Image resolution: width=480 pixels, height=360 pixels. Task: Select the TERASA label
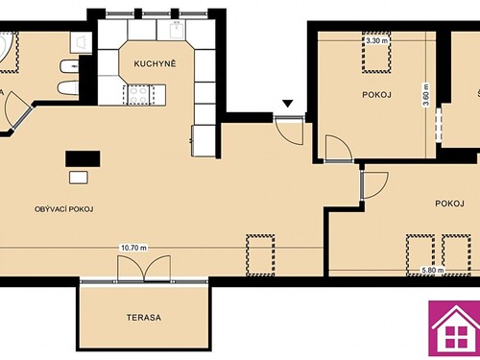click(x=142, y=317)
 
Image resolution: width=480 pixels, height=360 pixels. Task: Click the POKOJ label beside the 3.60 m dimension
click(x=375, y=95)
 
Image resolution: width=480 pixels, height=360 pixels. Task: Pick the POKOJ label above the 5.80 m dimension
click(x=449, y=204)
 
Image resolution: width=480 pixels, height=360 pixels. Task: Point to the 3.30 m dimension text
click(x=376, y=41)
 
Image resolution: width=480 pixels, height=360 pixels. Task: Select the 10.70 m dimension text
click(x=132, y=247)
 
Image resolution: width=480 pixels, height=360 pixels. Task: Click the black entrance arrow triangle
click(x=285, y=105)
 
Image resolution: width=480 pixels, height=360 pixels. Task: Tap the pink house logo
click(x=454, y=332)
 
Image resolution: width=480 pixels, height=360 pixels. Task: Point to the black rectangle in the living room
click(x=82, y=158)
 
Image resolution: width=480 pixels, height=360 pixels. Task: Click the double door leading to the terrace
click(x=143, y=270)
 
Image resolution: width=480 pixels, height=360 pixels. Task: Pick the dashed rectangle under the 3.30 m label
click(x=376, y=59)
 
